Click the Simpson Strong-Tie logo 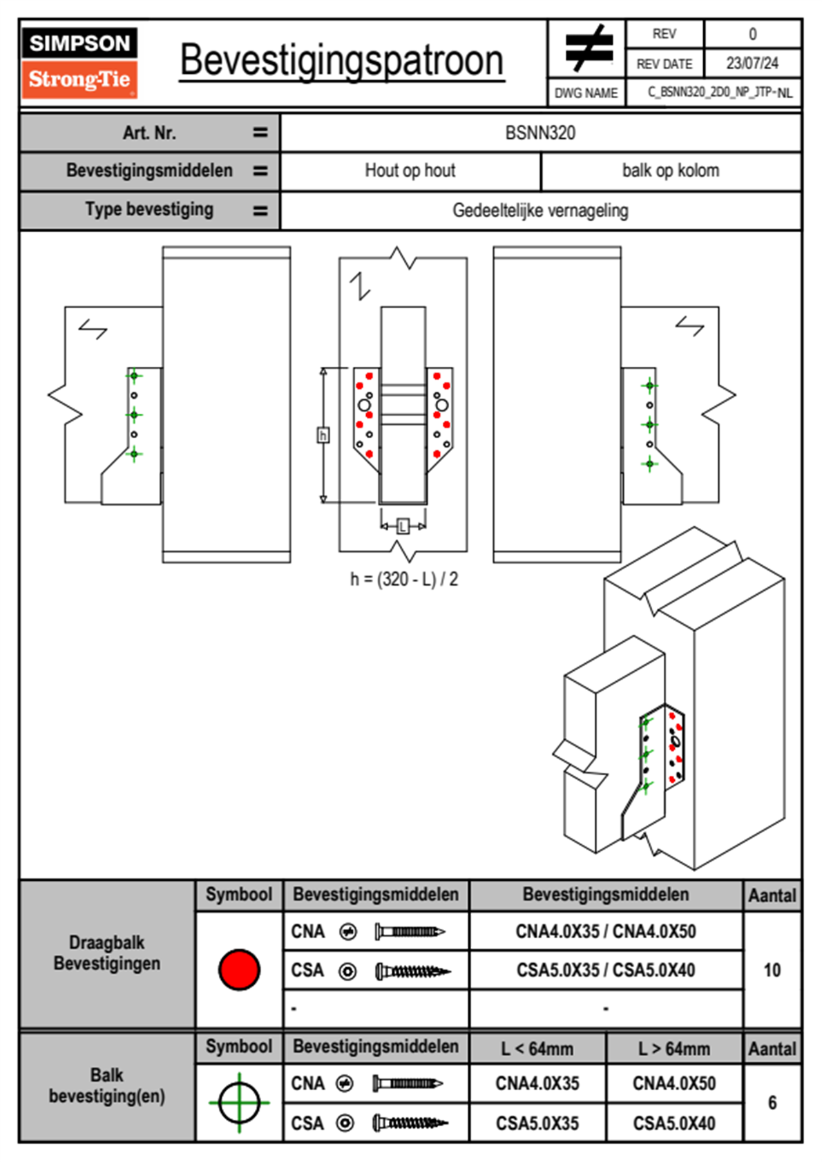[79, 62]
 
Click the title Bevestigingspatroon [341, 61]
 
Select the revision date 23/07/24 [752, 64]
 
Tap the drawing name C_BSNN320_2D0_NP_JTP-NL [719, 93]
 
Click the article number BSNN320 [540, 133]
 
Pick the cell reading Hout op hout [410, 171]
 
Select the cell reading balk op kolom [671, 171]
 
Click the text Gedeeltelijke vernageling [540, 210]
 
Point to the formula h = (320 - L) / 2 [404, 579]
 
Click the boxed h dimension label [323, 435]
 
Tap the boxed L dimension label [403, 527]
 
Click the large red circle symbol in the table [239, 969]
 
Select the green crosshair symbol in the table [239, 1103]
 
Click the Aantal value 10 [772, 970]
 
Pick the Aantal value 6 [772, 1103]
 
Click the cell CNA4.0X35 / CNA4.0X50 [606, 931]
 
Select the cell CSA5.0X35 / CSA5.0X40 [606, 970]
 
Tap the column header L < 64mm [537, 1049]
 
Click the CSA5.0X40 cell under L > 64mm [674, 1123]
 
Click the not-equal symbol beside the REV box [589, 48]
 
